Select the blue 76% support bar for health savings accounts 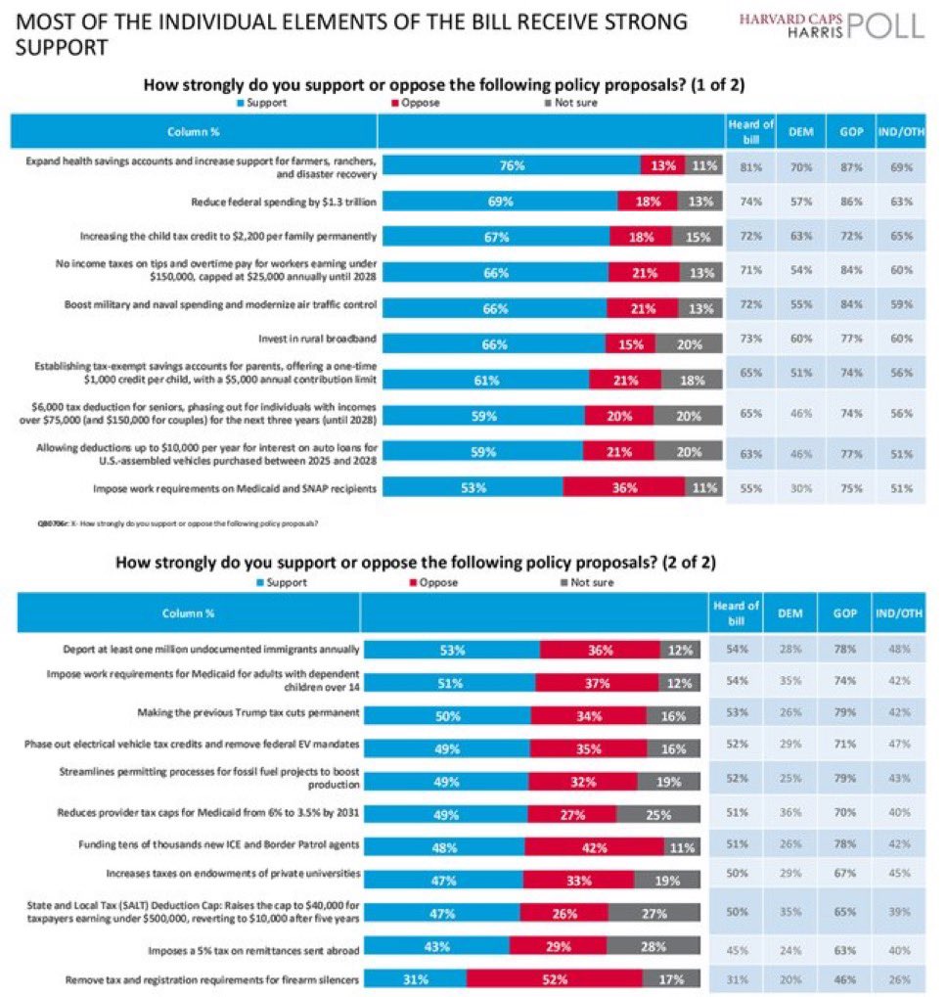pos(509,165)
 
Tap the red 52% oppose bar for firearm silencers pos(554,978)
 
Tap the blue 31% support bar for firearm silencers pos(414,978)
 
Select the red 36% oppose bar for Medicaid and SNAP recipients pos(624,487)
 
